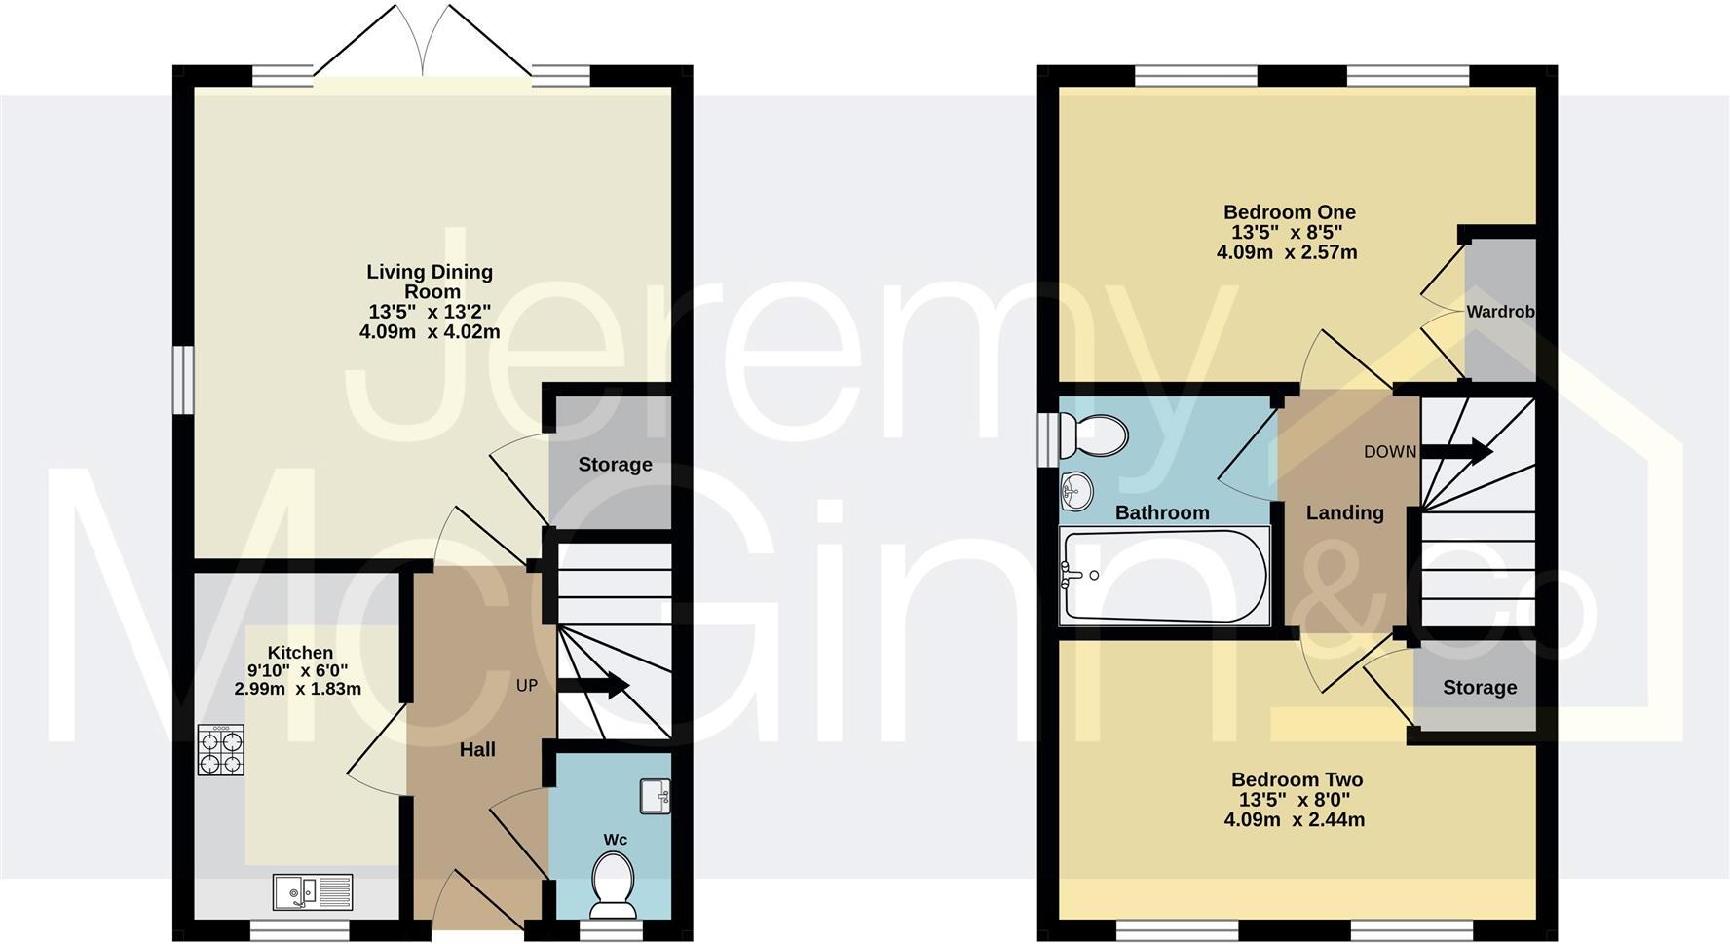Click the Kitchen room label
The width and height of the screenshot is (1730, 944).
pyautogui.click(x=300, y=653)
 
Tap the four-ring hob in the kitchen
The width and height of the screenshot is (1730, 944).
pyautogui.click(x=221, y=750)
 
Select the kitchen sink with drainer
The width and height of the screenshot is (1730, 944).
pyautogui.click(x=313, y=891)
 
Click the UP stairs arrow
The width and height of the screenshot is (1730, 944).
pyautogui.click(x=593, y=686)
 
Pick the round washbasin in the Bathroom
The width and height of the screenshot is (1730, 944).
pyautogui.click(x=1076, y=490)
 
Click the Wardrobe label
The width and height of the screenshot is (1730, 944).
pyautogui.click(x=1500, y=312)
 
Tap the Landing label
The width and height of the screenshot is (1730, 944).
pyautogui.click(x=1344, y=512)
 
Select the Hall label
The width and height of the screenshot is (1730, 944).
pyautogui.click(x=477, y=749)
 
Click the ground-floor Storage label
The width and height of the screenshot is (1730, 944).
pyautogui.click(x=615, y=465)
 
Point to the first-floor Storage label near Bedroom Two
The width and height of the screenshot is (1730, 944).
pyautogui.click(x=1479, y=687)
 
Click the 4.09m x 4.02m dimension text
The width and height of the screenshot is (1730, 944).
pyautogui.click(x=430, y=331)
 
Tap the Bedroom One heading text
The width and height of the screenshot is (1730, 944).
pyautogui.click(x=1289, y=211)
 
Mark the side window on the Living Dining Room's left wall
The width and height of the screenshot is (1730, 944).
pyautogui.click(x=181, y=380)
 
